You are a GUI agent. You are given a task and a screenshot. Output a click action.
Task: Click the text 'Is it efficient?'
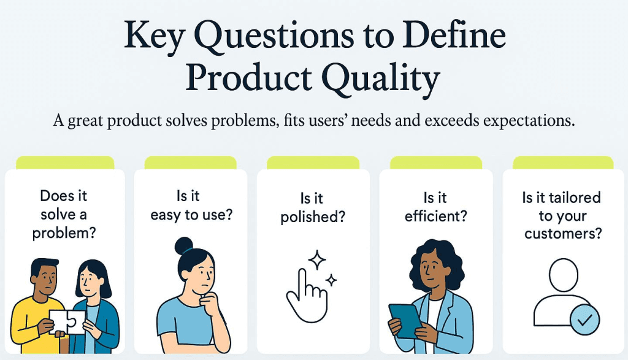(435, 207)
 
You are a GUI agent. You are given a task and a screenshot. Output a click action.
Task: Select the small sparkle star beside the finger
(331, 281)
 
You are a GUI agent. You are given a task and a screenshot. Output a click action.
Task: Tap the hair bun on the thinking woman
(183, 246)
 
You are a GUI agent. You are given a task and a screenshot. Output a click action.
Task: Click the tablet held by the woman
(405, 320)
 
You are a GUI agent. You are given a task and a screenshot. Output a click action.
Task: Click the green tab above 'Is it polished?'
(313, 163)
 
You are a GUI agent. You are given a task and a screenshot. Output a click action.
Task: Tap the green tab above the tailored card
(562, 163)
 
